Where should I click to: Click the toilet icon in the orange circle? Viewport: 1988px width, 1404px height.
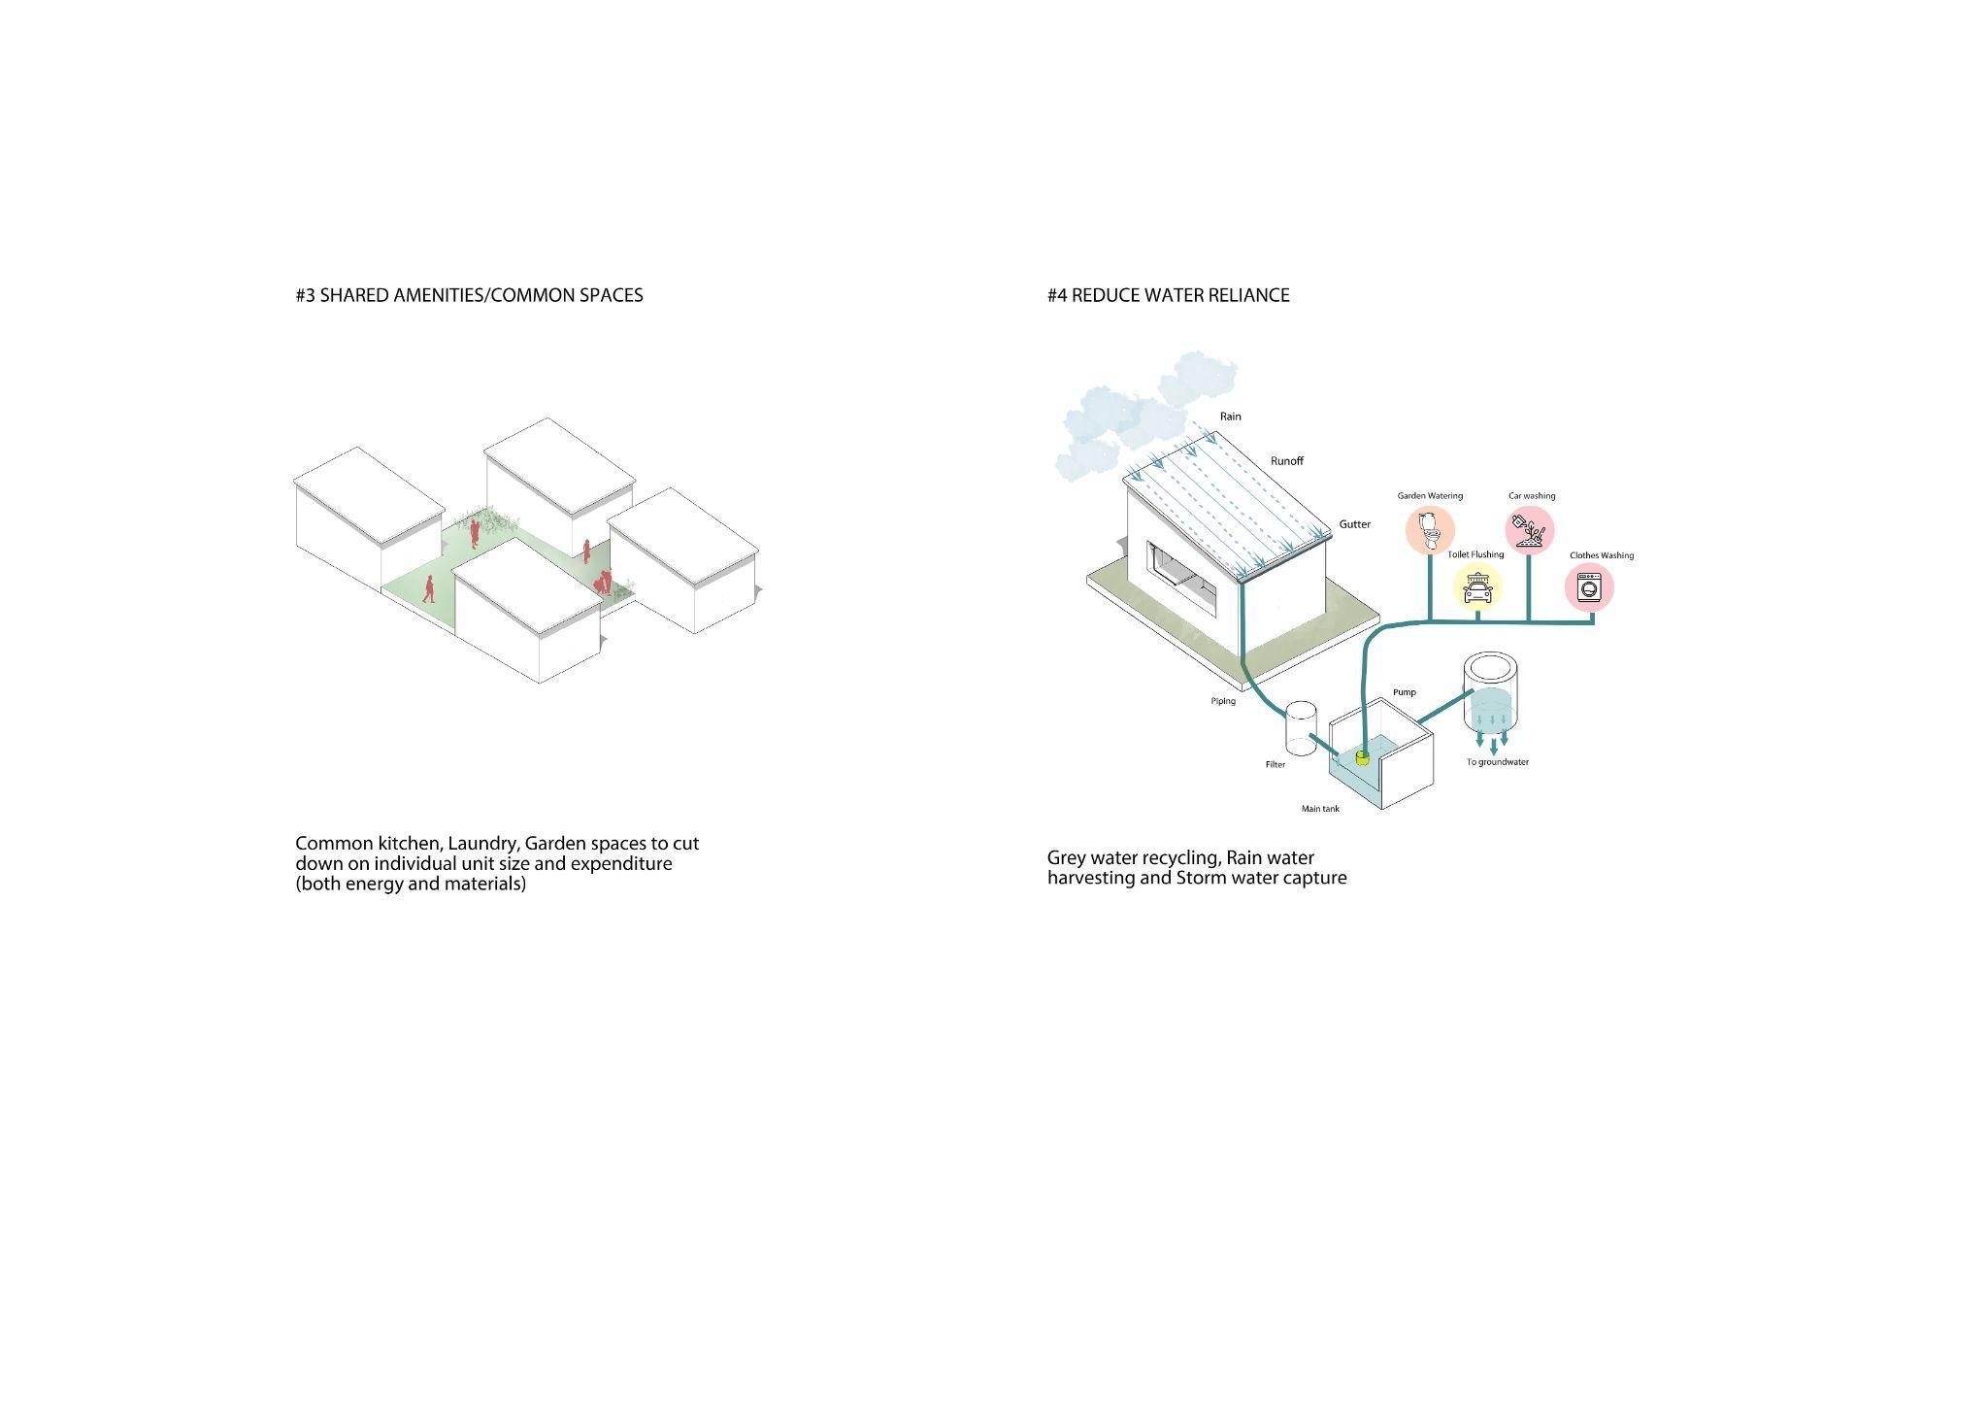pos(1430,530)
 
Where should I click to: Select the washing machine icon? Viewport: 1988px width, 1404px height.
pos(1589,588)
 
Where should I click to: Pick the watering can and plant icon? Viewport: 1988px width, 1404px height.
pos(1530,531)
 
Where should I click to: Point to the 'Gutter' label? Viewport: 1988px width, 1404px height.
pos(1355,524)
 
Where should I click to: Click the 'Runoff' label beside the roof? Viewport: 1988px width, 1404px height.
pos(1287,461)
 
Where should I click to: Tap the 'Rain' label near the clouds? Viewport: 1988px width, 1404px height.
pos(1231,417)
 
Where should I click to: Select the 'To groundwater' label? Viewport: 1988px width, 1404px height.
pos(1497,762)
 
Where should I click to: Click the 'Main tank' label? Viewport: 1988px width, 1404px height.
pos(1320,809)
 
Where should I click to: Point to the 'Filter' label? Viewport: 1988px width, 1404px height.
pos(1275,765)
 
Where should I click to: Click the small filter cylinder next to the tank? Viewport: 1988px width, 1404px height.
pos(1301,729)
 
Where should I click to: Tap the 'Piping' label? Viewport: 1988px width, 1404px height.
pos(1223,701)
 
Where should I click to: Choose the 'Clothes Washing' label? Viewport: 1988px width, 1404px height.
pos(1602,555)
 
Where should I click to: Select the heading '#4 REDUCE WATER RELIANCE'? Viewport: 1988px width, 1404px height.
pos(1168,295)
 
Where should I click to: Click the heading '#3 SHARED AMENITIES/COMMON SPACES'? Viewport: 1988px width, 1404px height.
pos(469,295)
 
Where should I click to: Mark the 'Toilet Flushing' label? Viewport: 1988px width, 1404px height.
pos(1475,554)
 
